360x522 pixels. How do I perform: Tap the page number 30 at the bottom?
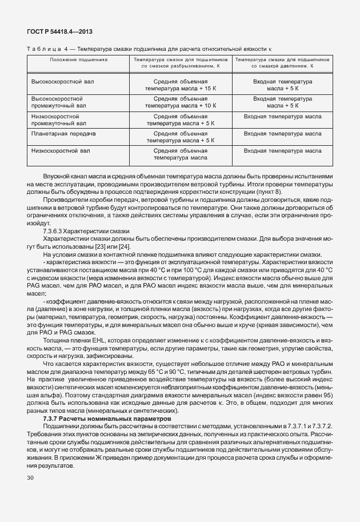30,477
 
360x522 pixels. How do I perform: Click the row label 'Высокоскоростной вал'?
62,82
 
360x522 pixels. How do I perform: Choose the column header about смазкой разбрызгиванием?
181,63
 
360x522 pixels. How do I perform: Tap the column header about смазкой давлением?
283,63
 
